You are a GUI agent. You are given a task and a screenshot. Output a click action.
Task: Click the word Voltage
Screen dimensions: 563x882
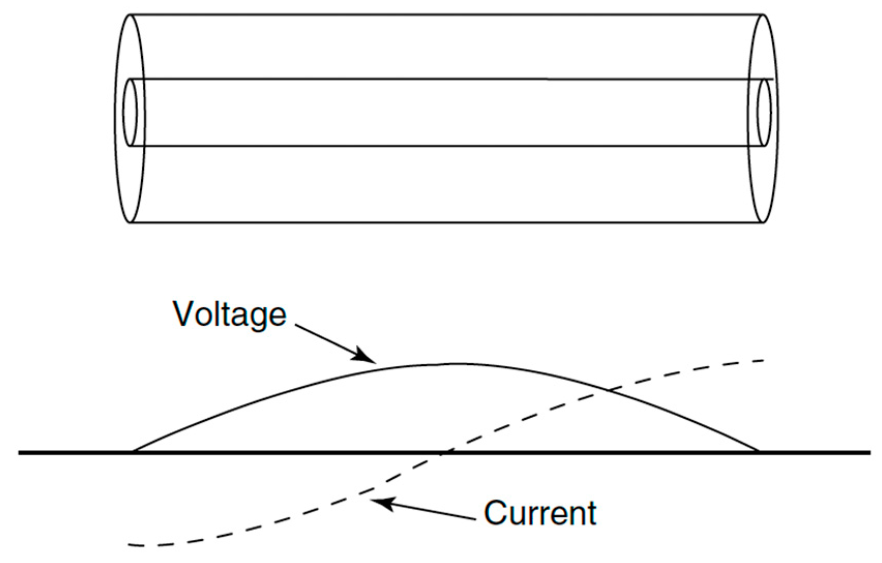click(x=230, y=314)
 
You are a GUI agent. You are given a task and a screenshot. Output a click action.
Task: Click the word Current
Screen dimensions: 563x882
click(x=540, y=513)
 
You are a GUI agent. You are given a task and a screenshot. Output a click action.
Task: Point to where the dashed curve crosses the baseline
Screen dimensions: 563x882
click(x=443, y=453)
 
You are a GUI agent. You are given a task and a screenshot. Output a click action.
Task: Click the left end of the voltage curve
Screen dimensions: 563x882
click(x=133, y=451)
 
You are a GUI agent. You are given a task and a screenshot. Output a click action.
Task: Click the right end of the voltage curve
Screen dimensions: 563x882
click(x=758, y=451)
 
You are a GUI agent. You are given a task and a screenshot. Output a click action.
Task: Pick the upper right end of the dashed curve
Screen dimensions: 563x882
click(x=764, y=360)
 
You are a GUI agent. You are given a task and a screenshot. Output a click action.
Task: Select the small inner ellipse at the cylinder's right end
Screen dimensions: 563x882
click(x=764, y=112)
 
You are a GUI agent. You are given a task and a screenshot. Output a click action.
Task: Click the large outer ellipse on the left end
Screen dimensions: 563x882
click(x=115, y=118)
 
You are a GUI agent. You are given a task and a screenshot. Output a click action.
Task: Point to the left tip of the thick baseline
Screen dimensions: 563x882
click(x=20, y=453)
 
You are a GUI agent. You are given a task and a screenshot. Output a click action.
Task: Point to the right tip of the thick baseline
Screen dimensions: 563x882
click(x=870, y=453)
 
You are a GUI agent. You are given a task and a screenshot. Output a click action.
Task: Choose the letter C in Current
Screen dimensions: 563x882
click(x=496, y=513)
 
